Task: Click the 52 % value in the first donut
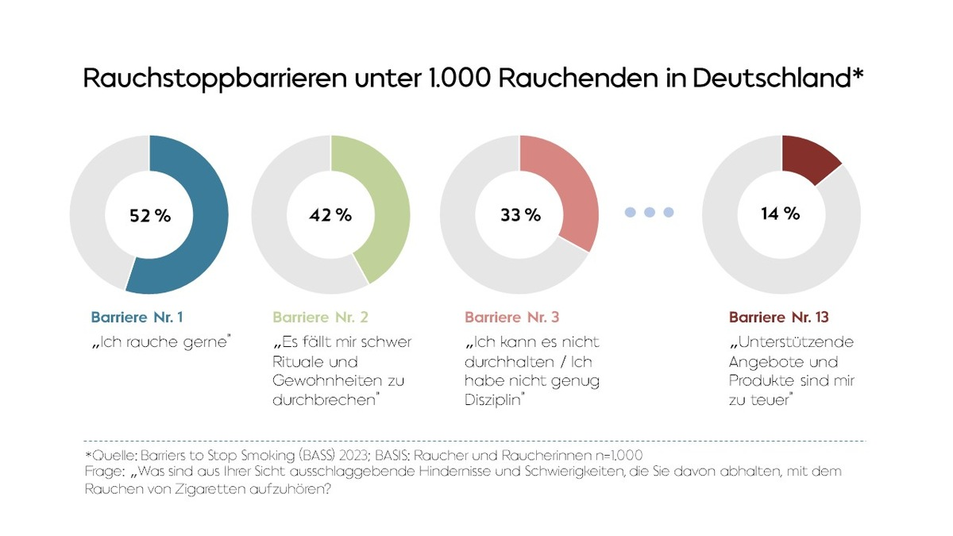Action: (149, 215)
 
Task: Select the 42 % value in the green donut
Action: (330, 215)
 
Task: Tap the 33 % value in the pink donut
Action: (519, 215)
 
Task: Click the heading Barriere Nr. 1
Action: (137, 318)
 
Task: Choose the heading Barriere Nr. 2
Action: (320, 318)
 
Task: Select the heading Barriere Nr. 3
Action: (512, 318)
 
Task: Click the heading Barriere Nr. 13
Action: (778, 318)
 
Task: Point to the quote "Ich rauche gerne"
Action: (160, 343)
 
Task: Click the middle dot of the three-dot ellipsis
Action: (650, 212)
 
